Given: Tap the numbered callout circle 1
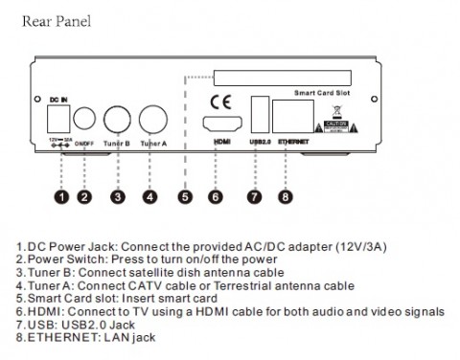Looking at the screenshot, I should point(59,198).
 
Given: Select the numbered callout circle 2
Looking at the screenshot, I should point(85,198).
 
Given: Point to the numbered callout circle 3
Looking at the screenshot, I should point(118,198).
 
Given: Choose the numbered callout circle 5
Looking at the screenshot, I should point(185,198).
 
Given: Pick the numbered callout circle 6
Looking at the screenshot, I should point(216,198).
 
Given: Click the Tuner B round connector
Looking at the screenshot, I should point(118,120).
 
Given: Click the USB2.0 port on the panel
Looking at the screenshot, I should point(258,112).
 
